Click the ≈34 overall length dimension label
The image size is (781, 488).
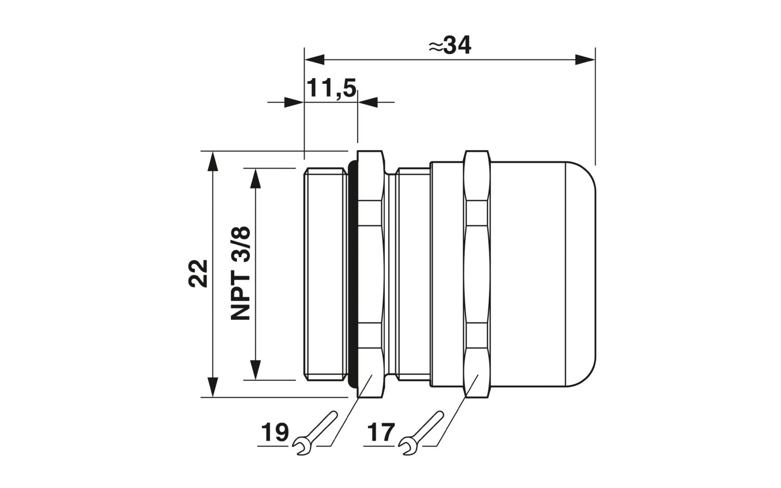(x=450, y=45)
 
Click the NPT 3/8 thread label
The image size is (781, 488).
(x=241, y=273)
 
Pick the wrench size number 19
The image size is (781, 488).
(x=275, y=433)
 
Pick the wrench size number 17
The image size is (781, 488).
(x=381, y=433)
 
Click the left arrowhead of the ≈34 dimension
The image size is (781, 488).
(x=314, y=60)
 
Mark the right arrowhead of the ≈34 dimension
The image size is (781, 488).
(x=585, y=60)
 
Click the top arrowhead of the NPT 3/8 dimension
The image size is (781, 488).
(x=256, y=178)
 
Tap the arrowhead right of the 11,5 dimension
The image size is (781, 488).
(x=368, y=102)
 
